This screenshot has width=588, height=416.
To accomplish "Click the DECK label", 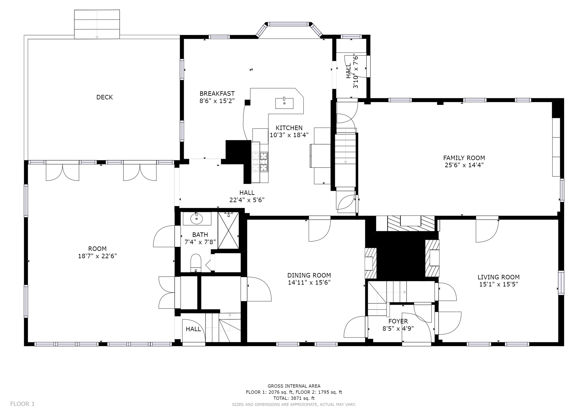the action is (105, 97).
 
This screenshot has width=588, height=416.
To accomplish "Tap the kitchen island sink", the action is (284, 103).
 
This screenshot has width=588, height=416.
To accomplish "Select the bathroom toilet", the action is (196, 263).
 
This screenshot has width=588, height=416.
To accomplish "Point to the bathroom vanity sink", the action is (197, 219).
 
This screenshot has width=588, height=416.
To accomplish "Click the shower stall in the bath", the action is (228, 230).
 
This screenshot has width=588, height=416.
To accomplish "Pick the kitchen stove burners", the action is (260, 162).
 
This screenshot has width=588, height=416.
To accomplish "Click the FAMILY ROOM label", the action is (464, 158).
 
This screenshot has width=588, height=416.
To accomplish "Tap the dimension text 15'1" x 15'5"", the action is (498, 284).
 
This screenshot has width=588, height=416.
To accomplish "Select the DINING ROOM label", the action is (309, 275).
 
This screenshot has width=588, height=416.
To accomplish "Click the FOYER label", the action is (398, 321).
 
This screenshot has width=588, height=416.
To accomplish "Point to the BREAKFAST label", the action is (217, 94).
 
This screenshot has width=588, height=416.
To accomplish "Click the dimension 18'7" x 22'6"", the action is (97, 256).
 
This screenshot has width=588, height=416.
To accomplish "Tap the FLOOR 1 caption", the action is (22, 404).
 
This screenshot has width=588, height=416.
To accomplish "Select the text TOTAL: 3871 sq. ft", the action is (294, 398).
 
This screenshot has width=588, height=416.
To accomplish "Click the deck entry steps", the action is (97, 24).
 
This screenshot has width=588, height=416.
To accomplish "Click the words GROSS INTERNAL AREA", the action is (294, 386).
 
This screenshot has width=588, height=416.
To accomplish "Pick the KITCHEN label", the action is (289, 128).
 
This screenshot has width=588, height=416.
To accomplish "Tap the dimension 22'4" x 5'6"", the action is (247, 200).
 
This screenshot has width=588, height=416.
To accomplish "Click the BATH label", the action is (200, 235).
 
